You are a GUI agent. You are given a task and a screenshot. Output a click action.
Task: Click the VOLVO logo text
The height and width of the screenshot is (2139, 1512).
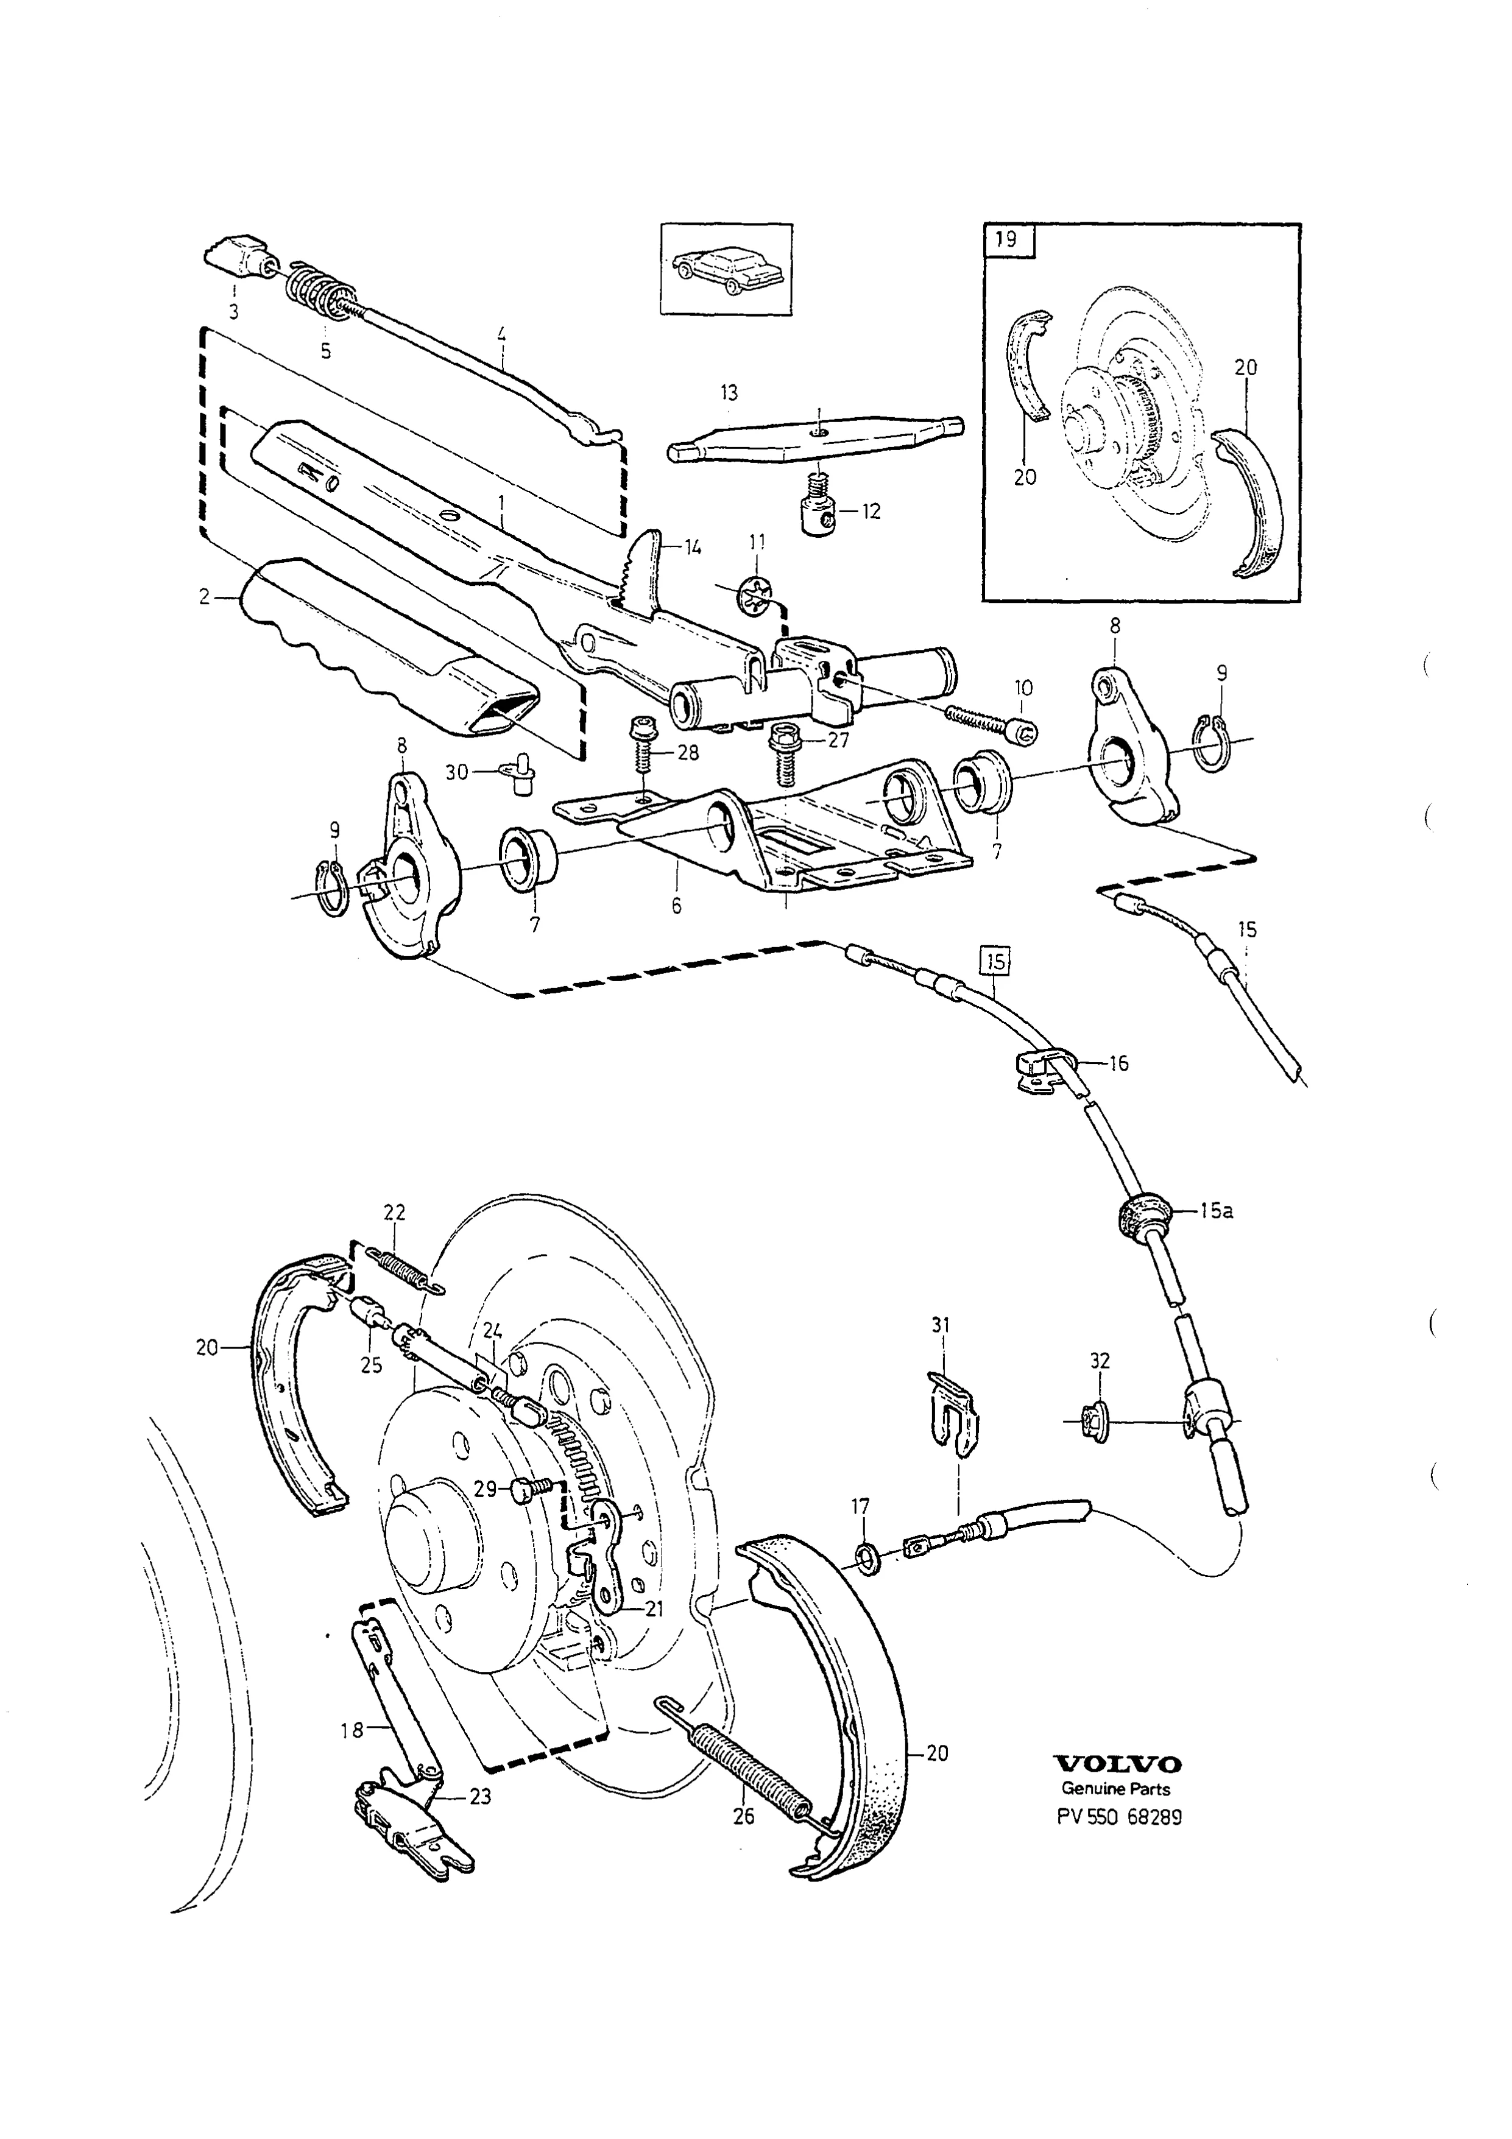click(1117, 1764)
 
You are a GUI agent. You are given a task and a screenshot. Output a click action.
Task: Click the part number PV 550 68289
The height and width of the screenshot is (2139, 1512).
click(1119, 1817)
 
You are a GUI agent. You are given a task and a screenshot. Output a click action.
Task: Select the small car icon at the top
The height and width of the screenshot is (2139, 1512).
click(727, 269)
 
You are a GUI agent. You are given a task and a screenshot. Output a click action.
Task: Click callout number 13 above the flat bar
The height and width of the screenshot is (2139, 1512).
click(729, 393)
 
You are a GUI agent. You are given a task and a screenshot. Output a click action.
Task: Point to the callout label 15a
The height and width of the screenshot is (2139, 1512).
click(1216, 1211)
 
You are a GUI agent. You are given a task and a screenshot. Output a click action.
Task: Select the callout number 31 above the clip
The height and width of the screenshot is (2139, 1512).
click(941, 1325)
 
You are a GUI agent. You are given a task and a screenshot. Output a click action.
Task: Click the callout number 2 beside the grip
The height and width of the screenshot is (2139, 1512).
click(204, 597)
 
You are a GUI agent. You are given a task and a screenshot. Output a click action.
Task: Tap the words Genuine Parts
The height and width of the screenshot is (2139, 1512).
click(1116, 1789)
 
